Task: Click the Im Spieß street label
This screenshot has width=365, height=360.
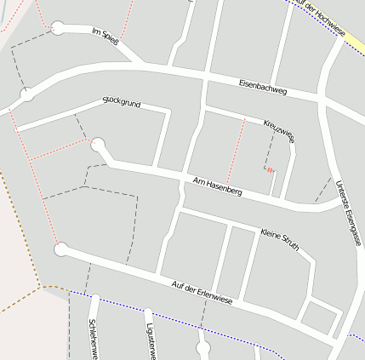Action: [106, 34]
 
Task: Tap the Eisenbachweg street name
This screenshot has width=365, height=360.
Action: [264, 86]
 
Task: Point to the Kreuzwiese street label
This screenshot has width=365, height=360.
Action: [278, 129]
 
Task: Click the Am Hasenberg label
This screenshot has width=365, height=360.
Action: [218, 186]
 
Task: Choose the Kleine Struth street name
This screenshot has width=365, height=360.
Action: [282, 238]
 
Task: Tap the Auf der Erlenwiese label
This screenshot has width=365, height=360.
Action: [202, 292]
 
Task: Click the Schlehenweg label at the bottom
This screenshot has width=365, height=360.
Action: [93, 339]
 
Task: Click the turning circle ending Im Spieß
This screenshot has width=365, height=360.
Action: [58, 27]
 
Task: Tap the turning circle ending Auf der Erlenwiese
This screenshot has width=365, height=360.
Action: [60, 249]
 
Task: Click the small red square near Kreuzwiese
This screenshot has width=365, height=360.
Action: [271, 170]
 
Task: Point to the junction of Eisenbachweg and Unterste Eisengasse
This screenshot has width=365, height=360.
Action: [324, 100]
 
